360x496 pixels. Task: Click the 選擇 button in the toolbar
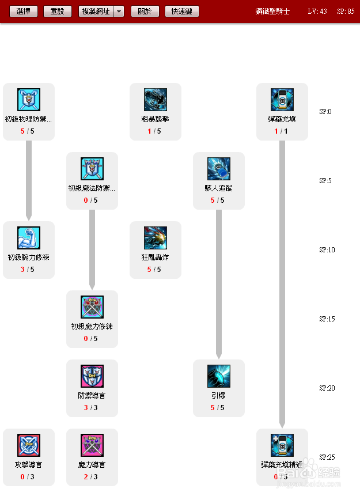pyautogui.click(x=24, y=12)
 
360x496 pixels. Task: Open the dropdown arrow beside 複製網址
pyautogui.click(x=119, y=12)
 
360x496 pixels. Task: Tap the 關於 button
pyautogui.click(x=145, y=12)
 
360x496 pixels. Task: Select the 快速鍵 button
pyautogui.click(x=182, y=12)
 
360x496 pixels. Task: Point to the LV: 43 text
pyautogui.click(x=317, y=12)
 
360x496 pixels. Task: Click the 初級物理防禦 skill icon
pyautogui.click(x=29, y=100)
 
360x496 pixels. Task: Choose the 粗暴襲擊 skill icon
pyautogui.click(x=156, y=100)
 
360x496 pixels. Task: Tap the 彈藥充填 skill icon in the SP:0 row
pyautogui.click(x=282, y=100)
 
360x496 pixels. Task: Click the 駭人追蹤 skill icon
pyautogui.click(x=219, y=169)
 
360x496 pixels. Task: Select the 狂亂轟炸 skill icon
pyautogui.click(x=156, y=238)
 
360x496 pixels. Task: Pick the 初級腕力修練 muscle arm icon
pyautogui.click(x=29, y=238)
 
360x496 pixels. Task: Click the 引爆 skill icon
pyautogui.click(x=219, y=376)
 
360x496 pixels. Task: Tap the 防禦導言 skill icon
pyautogui.click(x=92, y=376)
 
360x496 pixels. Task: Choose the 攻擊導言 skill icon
pyautogui.click(x=29, y=445)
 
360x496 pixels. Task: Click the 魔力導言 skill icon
pyautogui.click(x=92, y=445)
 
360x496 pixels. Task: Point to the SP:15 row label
pyautogui.click(x=327, y=319)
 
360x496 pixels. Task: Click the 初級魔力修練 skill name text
pyautogui.click(x=92, y=327)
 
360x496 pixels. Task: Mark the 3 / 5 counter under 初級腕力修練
pyautogui.click(x=29, y=270)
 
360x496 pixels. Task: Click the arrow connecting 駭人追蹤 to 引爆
pyautogui.click(x=219, y=282)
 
